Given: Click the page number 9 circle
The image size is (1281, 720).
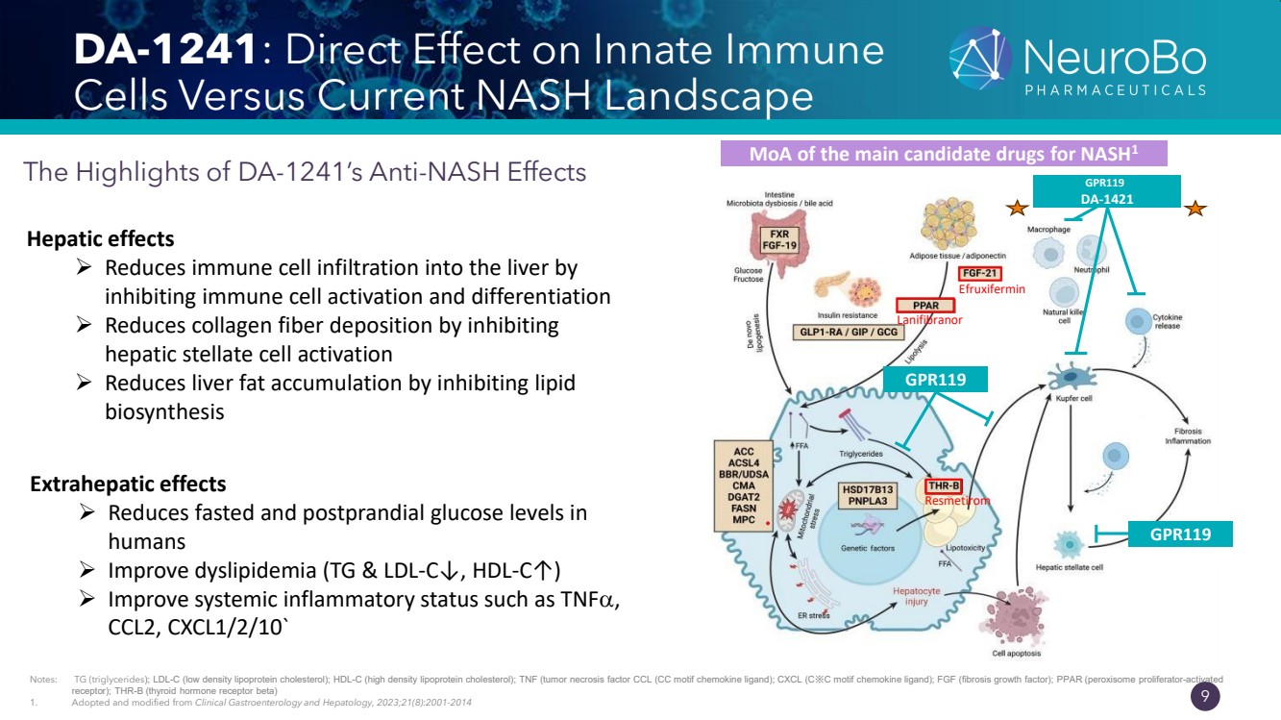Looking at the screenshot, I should click(x=1205, y=697).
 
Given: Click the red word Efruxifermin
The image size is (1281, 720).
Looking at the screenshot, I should click(x=991, y=288).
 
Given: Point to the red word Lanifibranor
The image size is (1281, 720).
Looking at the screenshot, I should click(x=929, y=319).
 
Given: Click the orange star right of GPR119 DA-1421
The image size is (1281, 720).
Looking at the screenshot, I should click(x=1195, y=208).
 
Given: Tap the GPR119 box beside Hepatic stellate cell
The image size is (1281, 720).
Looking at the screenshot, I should click(x=1179, y=534).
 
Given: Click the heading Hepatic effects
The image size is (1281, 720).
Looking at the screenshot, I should click(x=101, y=238).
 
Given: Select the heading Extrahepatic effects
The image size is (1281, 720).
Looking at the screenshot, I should click(x=129, y=483).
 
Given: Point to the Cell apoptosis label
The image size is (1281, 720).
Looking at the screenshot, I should click(x=1016, y=654).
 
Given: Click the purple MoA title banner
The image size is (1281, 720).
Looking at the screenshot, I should click(x=943, y=154).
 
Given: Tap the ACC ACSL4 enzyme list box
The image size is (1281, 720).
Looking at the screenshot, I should click(x=744, y=485).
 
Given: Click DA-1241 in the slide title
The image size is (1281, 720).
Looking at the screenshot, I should click(x=168, y=52).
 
